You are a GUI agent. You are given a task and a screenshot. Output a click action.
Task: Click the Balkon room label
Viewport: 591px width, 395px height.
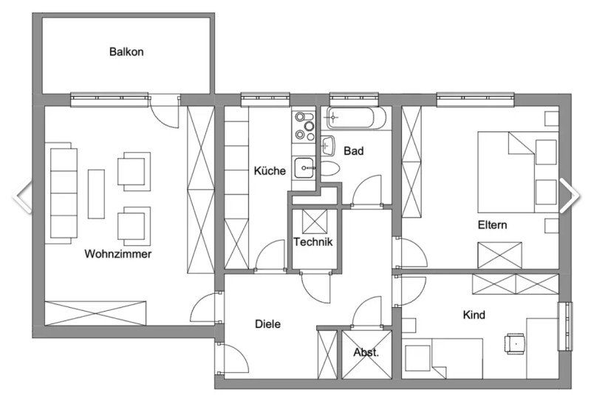126,52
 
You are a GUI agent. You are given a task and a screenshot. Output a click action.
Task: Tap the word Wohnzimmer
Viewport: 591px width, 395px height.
118,254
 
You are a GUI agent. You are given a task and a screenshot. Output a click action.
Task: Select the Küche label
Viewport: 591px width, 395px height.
270,171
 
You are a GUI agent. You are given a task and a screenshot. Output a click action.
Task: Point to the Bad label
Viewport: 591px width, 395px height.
354,151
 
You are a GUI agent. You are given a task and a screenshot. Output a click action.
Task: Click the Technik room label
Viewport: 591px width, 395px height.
312,241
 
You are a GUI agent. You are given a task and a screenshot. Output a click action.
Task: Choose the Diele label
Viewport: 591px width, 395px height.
267,324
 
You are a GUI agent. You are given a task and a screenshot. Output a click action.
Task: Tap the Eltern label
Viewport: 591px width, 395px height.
492,224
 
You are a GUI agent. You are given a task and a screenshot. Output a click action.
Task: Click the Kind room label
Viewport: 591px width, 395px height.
474,315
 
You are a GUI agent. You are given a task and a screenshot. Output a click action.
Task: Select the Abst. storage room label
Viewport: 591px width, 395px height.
366,352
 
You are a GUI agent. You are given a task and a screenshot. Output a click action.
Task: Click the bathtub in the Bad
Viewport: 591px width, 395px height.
356,118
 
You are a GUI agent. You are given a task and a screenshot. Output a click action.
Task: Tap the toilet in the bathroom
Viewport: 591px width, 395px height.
330,168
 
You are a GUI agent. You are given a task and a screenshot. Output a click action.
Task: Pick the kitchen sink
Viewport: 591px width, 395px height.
304,168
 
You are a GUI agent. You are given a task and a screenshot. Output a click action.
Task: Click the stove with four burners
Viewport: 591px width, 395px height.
304,126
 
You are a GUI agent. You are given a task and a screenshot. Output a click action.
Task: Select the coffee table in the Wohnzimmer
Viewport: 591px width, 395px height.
96,194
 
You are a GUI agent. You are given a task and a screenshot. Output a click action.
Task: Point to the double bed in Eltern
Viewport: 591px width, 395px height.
518,172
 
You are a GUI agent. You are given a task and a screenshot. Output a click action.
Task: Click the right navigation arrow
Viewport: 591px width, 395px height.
569,196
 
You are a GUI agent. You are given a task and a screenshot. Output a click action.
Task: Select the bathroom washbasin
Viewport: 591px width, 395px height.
328,145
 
